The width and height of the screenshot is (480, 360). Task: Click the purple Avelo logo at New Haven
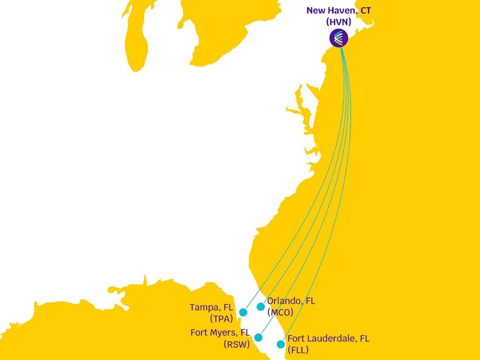coord(339,38)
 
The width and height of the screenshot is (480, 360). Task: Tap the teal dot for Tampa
coord(243,312)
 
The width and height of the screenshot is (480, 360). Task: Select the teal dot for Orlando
coord(261,307)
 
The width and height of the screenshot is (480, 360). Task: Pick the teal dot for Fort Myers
coord(258,338)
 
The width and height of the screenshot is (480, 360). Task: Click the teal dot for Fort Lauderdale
coord(281,344)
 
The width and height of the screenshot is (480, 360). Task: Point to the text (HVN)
coord(338,22)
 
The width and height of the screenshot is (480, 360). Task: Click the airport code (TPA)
coord(222,319)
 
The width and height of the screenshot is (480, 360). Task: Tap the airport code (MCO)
coord(280,312)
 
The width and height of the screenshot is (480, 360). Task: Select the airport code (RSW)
coord(237,344)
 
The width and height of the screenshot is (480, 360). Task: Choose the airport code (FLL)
coord(298,350)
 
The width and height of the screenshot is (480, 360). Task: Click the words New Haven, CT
coord(338,10)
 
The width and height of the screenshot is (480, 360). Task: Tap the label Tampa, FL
coord(211,307)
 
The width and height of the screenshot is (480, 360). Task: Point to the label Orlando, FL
coord(291,301)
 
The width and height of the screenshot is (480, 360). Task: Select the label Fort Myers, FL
coord(220,333)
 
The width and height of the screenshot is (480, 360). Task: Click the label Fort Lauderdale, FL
coord(328,339)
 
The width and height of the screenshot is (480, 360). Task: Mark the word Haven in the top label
coord(345,10)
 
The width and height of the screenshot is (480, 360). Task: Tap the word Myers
coord(225,333)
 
